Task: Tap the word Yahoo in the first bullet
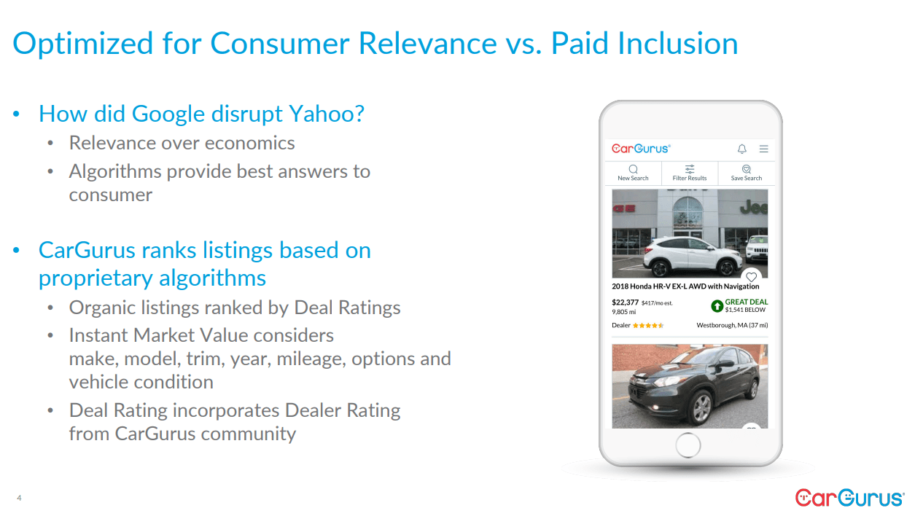click(x=322, y=114)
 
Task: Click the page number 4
click(x=19, y=499)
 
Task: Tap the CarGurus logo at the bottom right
click(x=849, y=498)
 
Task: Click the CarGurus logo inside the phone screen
click(x=641, y=149)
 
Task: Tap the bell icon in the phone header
click(x=742, y=149)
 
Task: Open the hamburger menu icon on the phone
click(x=764, y=149)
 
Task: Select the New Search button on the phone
click(x=633, y=173)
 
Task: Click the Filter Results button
click(x=690, y=173)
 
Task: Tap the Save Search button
click(x=747, y=173)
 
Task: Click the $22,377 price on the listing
click(x=625, y=302)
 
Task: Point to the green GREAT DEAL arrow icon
click(x=717, y=306)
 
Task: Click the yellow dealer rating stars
click(x=648, y=325)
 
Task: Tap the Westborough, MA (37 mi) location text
click(x=732, y=325)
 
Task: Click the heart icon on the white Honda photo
click(x=752, y=277)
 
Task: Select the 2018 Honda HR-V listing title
click(x=685, y=286)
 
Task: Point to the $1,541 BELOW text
click(x=745, y=310)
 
